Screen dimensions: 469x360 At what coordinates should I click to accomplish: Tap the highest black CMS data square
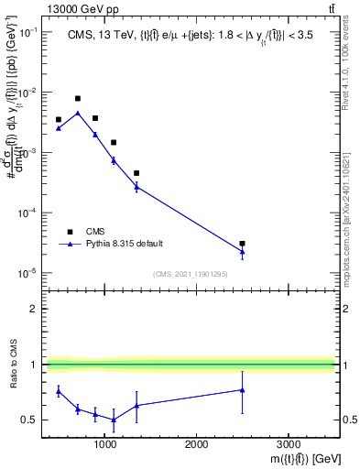pyautogui.click(x=78, y=98)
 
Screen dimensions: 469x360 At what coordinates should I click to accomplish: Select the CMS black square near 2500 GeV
pyautogui.click(x=242, y=244)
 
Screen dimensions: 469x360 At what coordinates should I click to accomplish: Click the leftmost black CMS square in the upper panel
pyautogui.click(x=59, y=119)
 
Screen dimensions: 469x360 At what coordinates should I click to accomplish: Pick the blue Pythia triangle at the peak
pyautogui.click(x=78, y=114)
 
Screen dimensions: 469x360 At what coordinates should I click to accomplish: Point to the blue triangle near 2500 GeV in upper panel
pyautogui.click(x=242, y=252)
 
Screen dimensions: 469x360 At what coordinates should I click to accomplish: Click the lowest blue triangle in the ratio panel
pyautogui.click(x=114, y=420)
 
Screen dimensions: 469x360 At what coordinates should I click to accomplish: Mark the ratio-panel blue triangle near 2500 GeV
pyautogui.click(x=242, y=390)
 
